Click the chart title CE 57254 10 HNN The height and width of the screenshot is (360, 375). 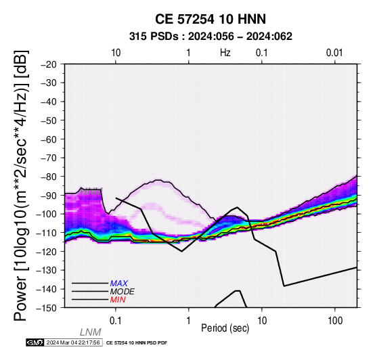211,19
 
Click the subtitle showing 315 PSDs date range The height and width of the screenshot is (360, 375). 211,37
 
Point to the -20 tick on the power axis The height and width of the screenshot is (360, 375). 49,64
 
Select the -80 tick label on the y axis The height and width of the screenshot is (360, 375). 49,177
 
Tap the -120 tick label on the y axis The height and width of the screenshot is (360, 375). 47,252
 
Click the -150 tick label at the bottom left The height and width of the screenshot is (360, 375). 47,308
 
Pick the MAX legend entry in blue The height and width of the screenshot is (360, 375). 119,284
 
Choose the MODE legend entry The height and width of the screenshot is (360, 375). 123,292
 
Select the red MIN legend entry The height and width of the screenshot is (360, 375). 118,300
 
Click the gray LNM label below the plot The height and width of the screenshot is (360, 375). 91,332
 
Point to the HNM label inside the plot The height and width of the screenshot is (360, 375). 91,192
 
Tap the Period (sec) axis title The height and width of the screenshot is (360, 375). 225,328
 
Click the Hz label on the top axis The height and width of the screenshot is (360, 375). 225,53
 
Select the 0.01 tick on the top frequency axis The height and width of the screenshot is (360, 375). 334,53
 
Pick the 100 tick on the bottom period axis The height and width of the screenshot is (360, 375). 335,321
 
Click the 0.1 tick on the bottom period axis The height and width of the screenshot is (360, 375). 116,321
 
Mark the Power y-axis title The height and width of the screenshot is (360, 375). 21,185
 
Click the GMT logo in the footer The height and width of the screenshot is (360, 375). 35,342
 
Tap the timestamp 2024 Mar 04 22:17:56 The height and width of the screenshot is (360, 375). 73,342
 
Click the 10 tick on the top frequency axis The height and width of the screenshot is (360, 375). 116,53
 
